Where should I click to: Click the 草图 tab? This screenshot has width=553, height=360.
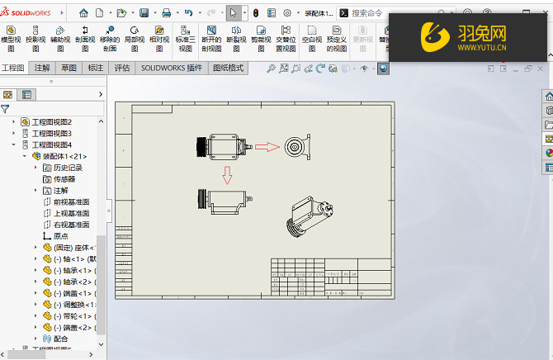(x=69, y=69)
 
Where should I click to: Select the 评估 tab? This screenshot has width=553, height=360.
(x=122, y=69)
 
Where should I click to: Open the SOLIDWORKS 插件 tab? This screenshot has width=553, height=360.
(x=173, y=69)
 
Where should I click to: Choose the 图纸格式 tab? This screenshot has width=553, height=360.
(x=228, y=69)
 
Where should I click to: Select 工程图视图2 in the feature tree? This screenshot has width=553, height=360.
(x=51, y=121)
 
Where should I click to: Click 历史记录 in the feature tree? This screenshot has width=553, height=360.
(x=68, y=168)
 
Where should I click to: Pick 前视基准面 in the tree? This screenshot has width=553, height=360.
(x=71, y=201)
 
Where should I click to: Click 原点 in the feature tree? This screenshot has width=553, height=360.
(x=60, y=235)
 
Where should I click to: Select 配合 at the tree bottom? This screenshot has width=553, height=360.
(x=61, y=339)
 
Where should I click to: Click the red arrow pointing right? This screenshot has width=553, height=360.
(x=266, y=147)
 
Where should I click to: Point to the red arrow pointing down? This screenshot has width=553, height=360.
(x=227, y=175)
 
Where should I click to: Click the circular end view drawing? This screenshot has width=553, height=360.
(x=295, y=147)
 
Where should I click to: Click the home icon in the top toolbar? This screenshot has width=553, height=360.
(x=83, y=13)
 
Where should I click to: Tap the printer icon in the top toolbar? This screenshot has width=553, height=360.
(x=166, y=13)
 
